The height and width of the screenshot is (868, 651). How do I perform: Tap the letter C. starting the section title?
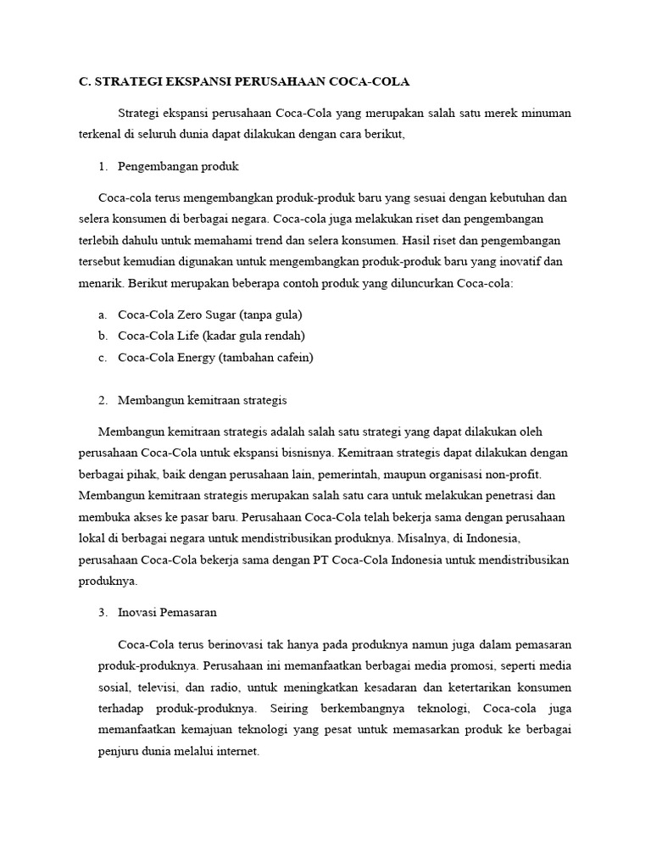click(84, 81)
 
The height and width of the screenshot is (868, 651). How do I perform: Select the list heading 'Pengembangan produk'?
click(178, 166)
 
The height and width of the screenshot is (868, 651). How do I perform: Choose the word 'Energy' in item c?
click(197, 358)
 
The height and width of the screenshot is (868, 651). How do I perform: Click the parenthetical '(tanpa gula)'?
click(271, 314)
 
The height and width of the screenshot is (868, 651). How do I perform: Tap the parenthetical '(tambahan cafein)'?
click(266, 358)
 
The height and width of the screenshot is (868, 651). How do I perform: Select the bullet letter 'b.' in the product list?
click(103, 336)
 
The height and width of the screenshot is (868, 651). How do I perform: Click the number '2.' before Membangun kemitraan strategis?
click(103, 400)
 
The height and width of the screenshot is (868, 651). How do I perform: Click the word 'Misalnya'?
click(432, 538)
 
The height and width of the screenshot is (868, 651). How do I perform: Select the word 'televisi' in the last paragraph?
click(154, 686)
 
